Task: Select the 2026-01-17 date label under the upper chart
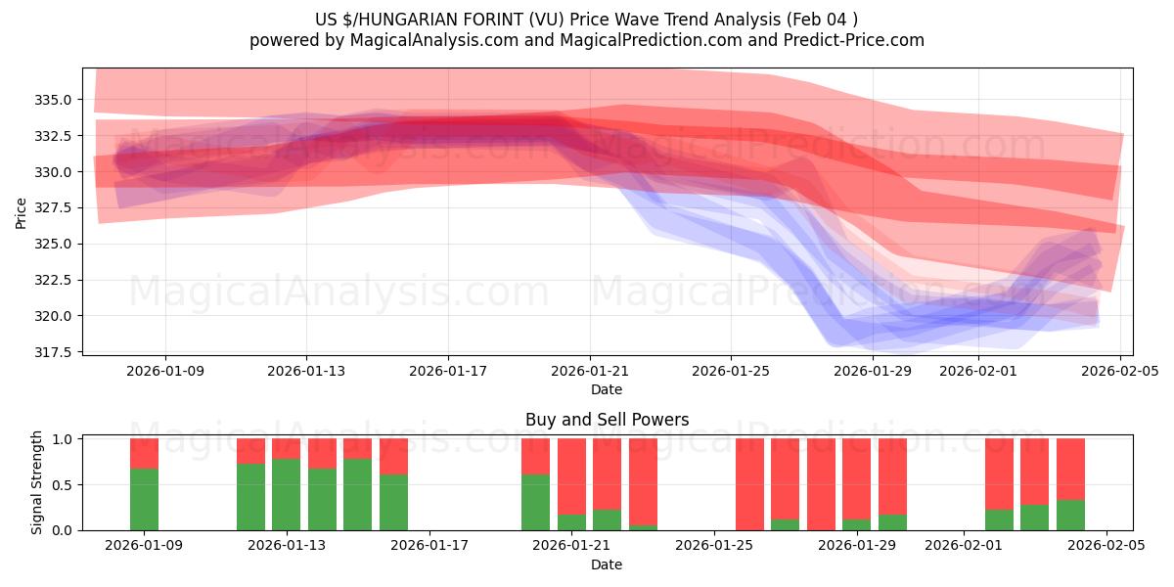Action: click(448, 371)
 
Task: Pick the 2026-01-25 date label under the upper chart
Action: click(731, 371)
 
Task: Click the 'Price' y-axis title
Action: click(22, 211)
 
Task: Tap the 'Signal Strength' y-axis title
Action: click(37, 482)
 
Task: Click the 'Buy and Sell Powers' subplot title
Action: click(607, 420)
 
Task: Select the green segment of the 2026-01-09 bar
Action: click(144, 499)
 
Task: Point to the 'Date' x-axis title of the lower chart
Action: click(607, 564)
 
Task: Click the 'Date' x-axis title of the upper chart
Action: click(607, 389)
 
